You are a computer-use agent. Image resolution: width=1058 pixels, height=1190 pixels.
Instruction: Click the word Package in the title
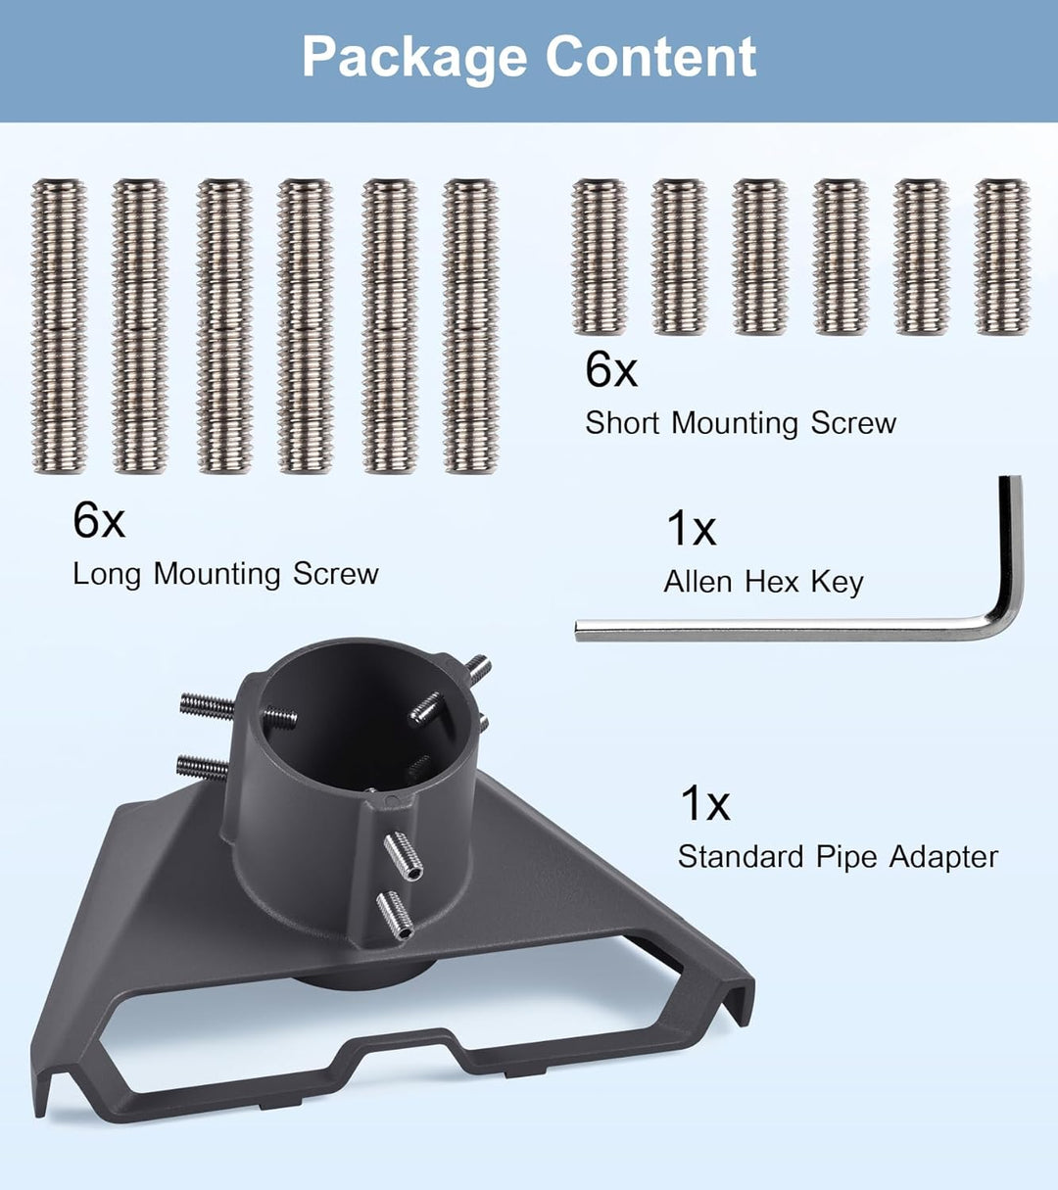(x=414, y=58)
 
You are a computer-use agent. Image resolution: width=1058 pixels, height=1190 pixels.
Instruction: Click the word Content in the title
(x=650, y=56)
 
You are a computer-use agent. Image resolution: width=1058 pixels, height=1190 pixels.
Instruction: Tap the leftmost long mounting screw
(x=60, y=326)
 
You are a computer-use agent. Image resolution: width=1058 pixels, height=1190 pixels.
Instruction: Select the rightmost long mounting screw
(x=470, y=326)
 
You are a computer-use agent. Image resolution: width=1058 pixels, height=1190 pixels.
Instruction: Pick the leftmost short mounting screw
(x=600, y=257)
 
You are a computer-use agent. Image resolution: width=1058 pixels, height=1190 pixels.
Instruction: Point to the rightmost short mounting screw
(x=1001, y=257)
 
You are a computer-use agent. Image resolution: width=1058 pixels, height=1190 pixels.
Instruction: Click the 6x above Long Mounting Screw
(x=99, y=520)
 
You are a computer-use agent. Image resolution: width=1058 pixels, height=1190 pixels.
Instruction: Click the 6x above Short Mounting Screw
(x=611, y=369)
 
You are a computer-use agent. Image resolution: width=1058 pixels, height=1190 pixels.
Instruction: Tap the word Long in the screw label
(x=107, y=575)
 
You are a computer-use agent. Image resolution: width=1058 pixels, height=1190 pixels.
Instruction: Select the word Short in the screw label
(x=622, y=423)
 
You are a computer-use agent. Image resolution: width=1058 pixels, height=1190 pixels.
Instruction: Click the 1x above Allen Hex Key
(x=692, y=528)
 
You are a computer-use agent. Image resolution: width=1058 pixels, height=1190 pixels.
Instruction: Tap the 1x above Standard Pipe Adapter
(x=705, y=803)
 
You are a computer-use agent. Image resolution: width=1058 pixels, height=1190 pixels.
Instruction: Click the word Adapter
(x=943, y=857)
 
